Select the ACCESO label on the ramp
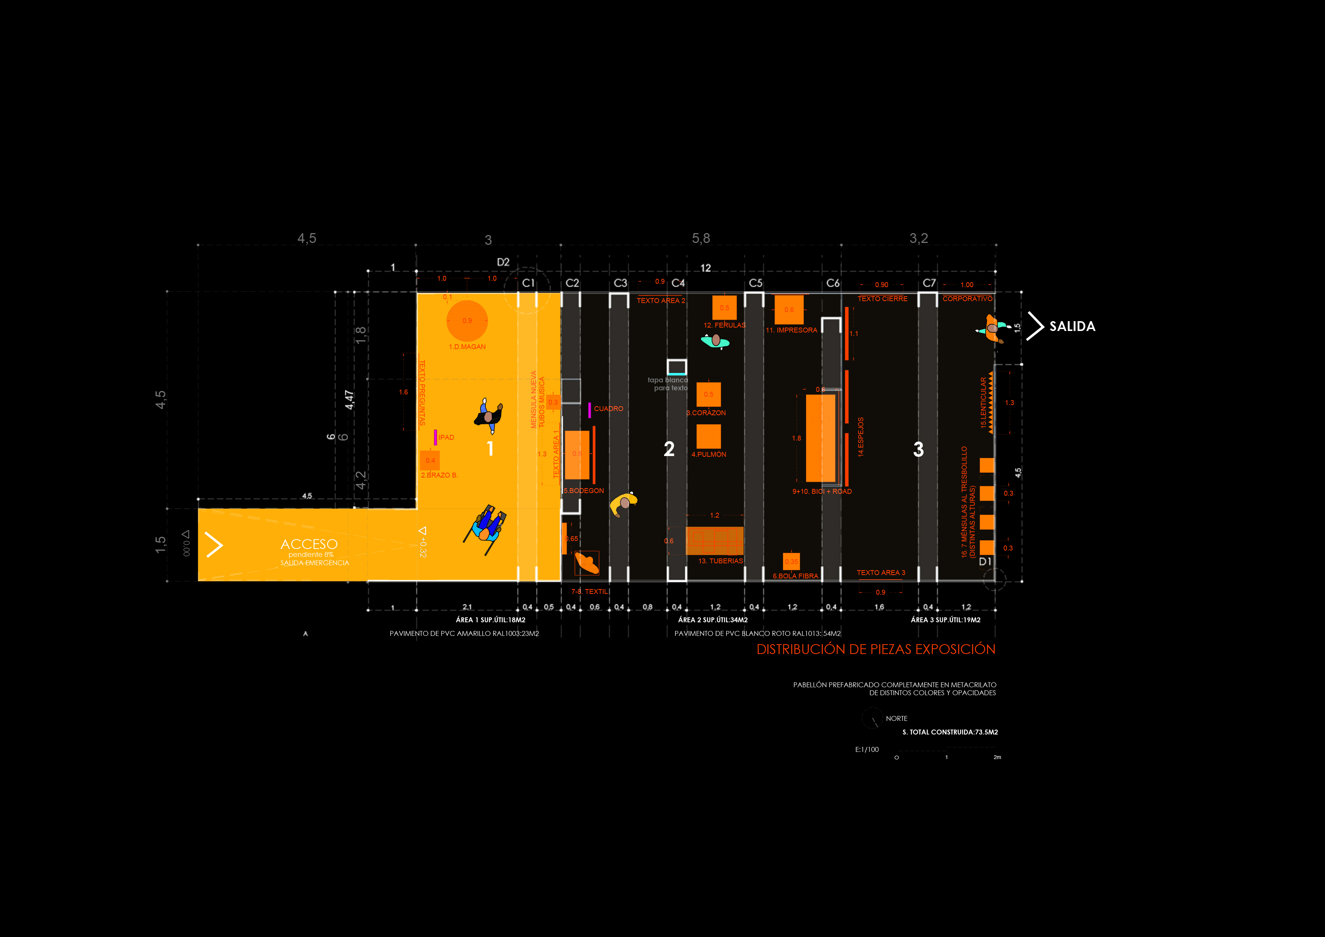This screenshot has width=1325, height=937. pyautogui.click(x=309, y=544)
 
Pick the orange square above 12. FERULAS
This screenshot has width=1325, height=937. pyautogui.click(x=724, y=308)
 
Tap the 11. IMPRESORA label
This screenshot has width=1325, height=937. pyautogui.click(x=791, y=330)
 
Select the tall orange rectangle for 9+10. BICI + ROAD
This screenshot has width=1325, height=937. pyautogui.click(x=820, y=438)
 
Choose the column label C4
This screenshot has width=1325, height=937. pyautogui.click(x=678, y=283)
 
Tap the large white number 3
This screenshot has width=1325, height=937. pyautogui.click(x=918, y=450)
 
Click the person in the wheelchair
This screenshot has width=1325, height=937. pyautogui.click(x=486, y=527)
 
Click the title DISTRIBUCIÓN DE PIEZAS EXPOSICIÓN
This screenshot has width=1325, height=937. pyautogui.click(x=876, y=649)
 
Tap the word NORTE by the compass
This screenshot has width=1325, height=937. pyautogui.click(x=896, y=718)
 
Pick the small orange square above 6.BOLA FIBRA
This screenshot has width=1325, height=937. pyautogui.click(x=791, y=561)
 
